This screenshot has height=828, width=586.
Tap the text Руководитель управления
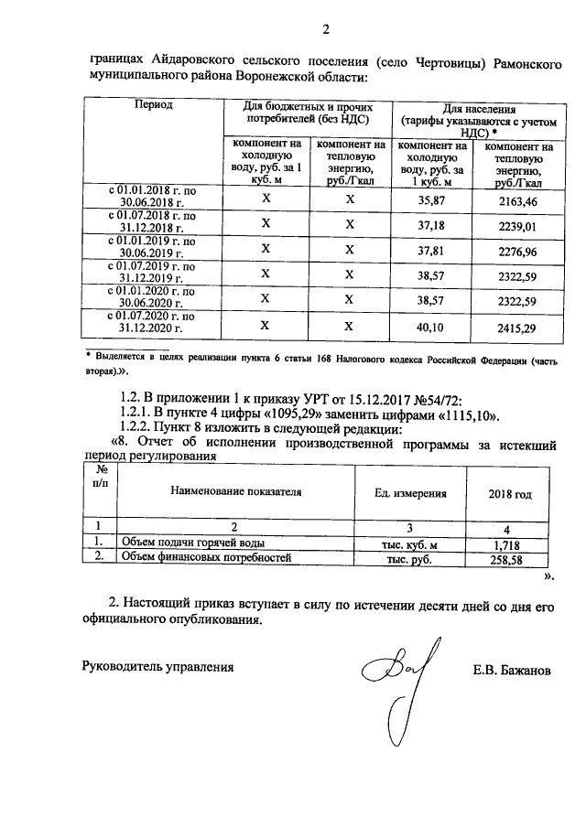pos(157,667)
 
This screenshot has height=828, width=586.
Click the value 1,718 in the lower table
pos(512,545)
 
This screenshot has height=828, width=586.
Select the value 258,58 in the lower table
pos(512,560)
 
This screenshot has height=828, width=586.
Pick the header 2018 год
pos(512,493)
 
